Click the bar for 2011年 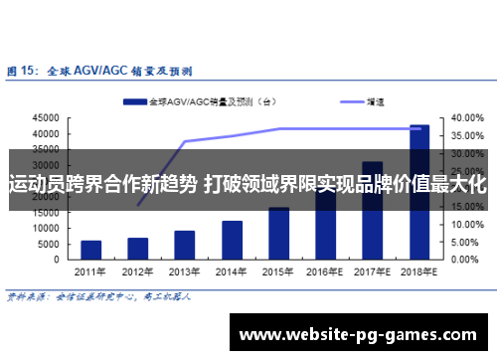point(91,249)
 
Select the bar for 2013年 point(185,244)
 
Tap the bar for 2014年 point(232,239)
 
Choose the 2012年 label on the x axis point(138,271)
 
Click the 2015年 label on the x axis point(278,271)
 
